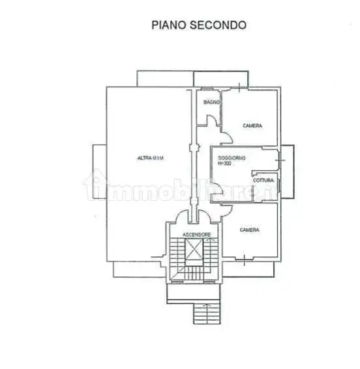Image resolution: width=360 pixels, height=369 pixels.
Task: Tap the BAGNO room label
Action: pyautogui.click(x=210, y=102)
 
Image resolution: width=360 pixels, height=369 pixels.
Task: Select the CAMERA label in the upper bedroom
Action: pyautogui.click(x=252, y=125)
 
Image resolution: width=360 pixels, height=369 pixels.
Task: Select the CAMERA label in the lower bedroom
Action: pyautogui.click(x=249, y=229)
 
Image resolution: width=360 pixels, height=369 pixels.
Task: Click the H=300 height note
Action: pyautogui.click(x=224, y=164)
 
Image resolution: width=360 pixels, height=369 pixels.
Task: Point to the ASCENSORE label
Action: pyautogui.click(x=195, y=233)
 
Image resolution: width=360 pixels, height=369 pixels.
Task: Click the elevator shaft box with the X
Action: pyautogui.click(x=194, y=250)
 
